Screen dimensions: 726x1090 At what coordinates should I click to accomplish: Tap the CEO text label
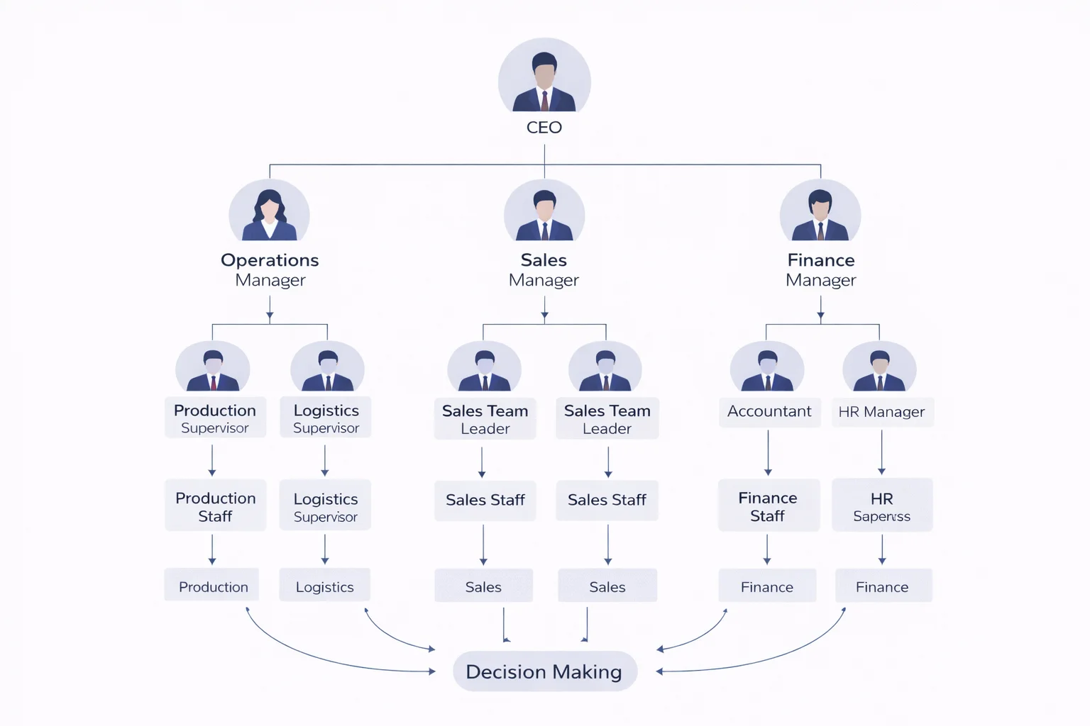544,128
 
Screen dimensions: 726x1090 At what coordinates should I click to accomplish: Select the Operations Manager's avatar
269,211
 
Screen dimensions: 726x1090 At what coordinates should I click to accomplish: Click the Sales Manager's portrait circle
544,211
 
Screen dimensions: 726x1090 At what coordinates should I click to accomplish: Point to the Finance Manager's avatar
820,211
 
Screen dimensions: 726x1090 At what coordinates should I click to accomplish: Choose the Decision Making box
544,671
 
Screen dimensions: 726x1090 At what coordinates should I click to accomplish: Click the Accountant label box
769,412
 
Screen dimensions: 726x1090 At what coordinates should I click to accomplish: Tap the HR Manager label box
881,412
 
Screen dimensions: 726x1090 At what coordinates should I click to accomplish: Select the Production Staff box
215,506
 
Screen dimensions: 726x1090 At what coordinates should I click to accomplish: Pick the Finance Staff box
768,506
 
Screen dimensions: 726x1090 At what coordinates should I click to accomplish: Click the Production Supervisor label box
215,418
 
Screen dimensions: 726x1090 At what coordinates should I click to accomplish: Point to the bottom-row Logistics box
324,586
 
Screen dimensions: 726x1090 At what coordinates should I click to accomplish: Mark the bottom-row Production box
213,586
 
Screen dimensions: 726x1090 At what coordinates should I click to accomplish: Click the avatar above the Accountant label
767,367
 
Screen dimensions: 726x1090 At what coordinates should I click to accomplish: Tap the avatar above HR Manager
879,367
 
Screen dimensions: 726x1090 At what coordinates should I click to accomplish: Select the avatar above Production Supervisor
213,367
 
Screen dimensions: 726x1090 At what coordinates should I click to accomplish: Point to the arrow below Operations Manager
270,308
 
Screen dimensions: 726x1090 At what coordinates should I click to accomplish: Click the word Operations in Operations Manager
270,260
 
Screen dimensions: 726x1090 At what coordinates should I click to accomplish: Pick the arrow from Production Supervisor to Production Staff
212,460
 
